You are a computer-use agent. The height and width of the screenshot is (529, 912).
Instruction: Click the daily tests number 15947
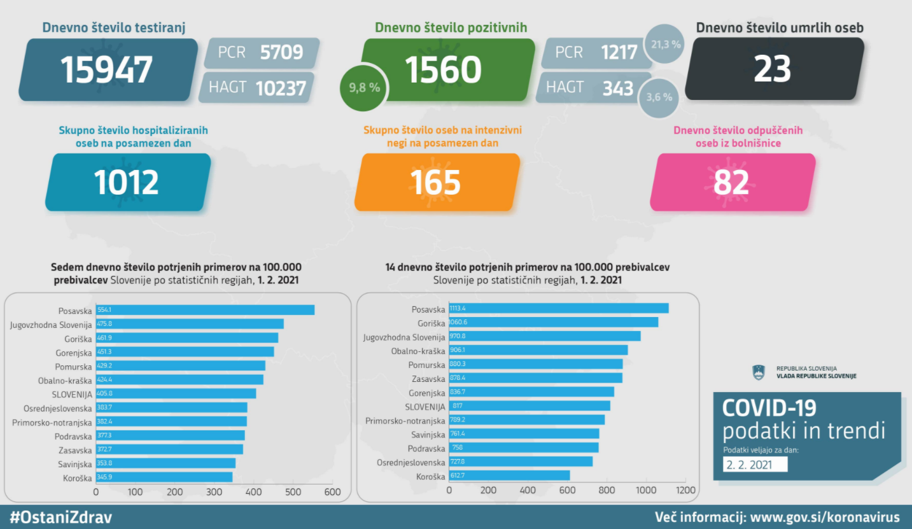pos(107,69)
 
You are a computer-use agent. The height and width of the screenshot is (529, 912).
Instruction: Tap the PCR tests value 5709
pos(281,52)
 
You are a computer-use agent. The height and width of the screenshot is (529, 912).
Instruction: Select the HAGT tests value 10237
pos(281,88)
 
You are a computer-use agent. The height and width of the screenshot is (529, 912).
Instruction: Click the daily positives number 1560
pos(444,69)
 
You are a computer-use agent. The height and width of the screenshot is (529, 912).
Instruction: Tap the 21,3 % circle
pos(666,44)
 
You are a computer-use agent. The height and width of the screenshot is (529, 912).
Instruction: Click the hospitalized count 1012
pos(127,182)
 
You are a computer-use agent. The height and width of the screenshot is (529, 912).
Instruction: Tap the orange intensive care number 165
pos(435,182)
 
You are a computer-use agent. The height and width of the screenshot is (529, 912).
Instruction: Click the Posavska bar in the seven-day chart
pos(205,310)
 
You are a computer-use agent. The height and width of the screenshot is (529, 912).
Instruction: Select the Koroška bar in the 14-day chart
pos(509,476)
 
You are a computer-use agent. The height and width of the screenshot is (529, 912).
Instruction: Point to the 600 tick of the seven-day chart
pos(332,492)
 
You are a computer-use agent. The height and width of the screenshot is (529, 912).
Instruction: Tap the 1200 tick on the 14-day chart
pos(685,490)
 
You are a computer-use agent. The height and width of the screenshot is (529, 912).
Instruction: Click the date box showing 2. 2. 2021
pos(755,464)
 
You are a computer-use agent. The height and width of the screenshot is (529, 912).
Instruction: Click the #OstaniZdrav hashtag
pos(62,516)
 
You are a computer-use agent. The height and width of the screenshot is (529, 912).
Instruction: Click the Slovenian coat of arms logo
pos(759,372)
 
